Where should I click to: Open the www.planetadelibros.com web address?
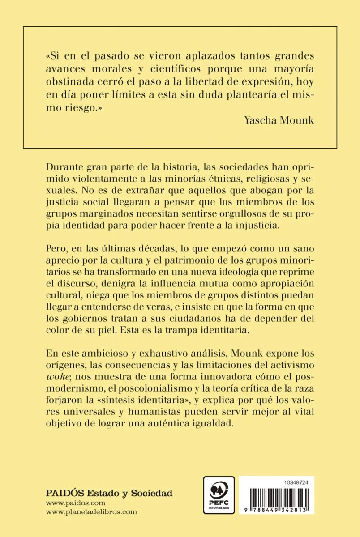pos(91,512)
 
